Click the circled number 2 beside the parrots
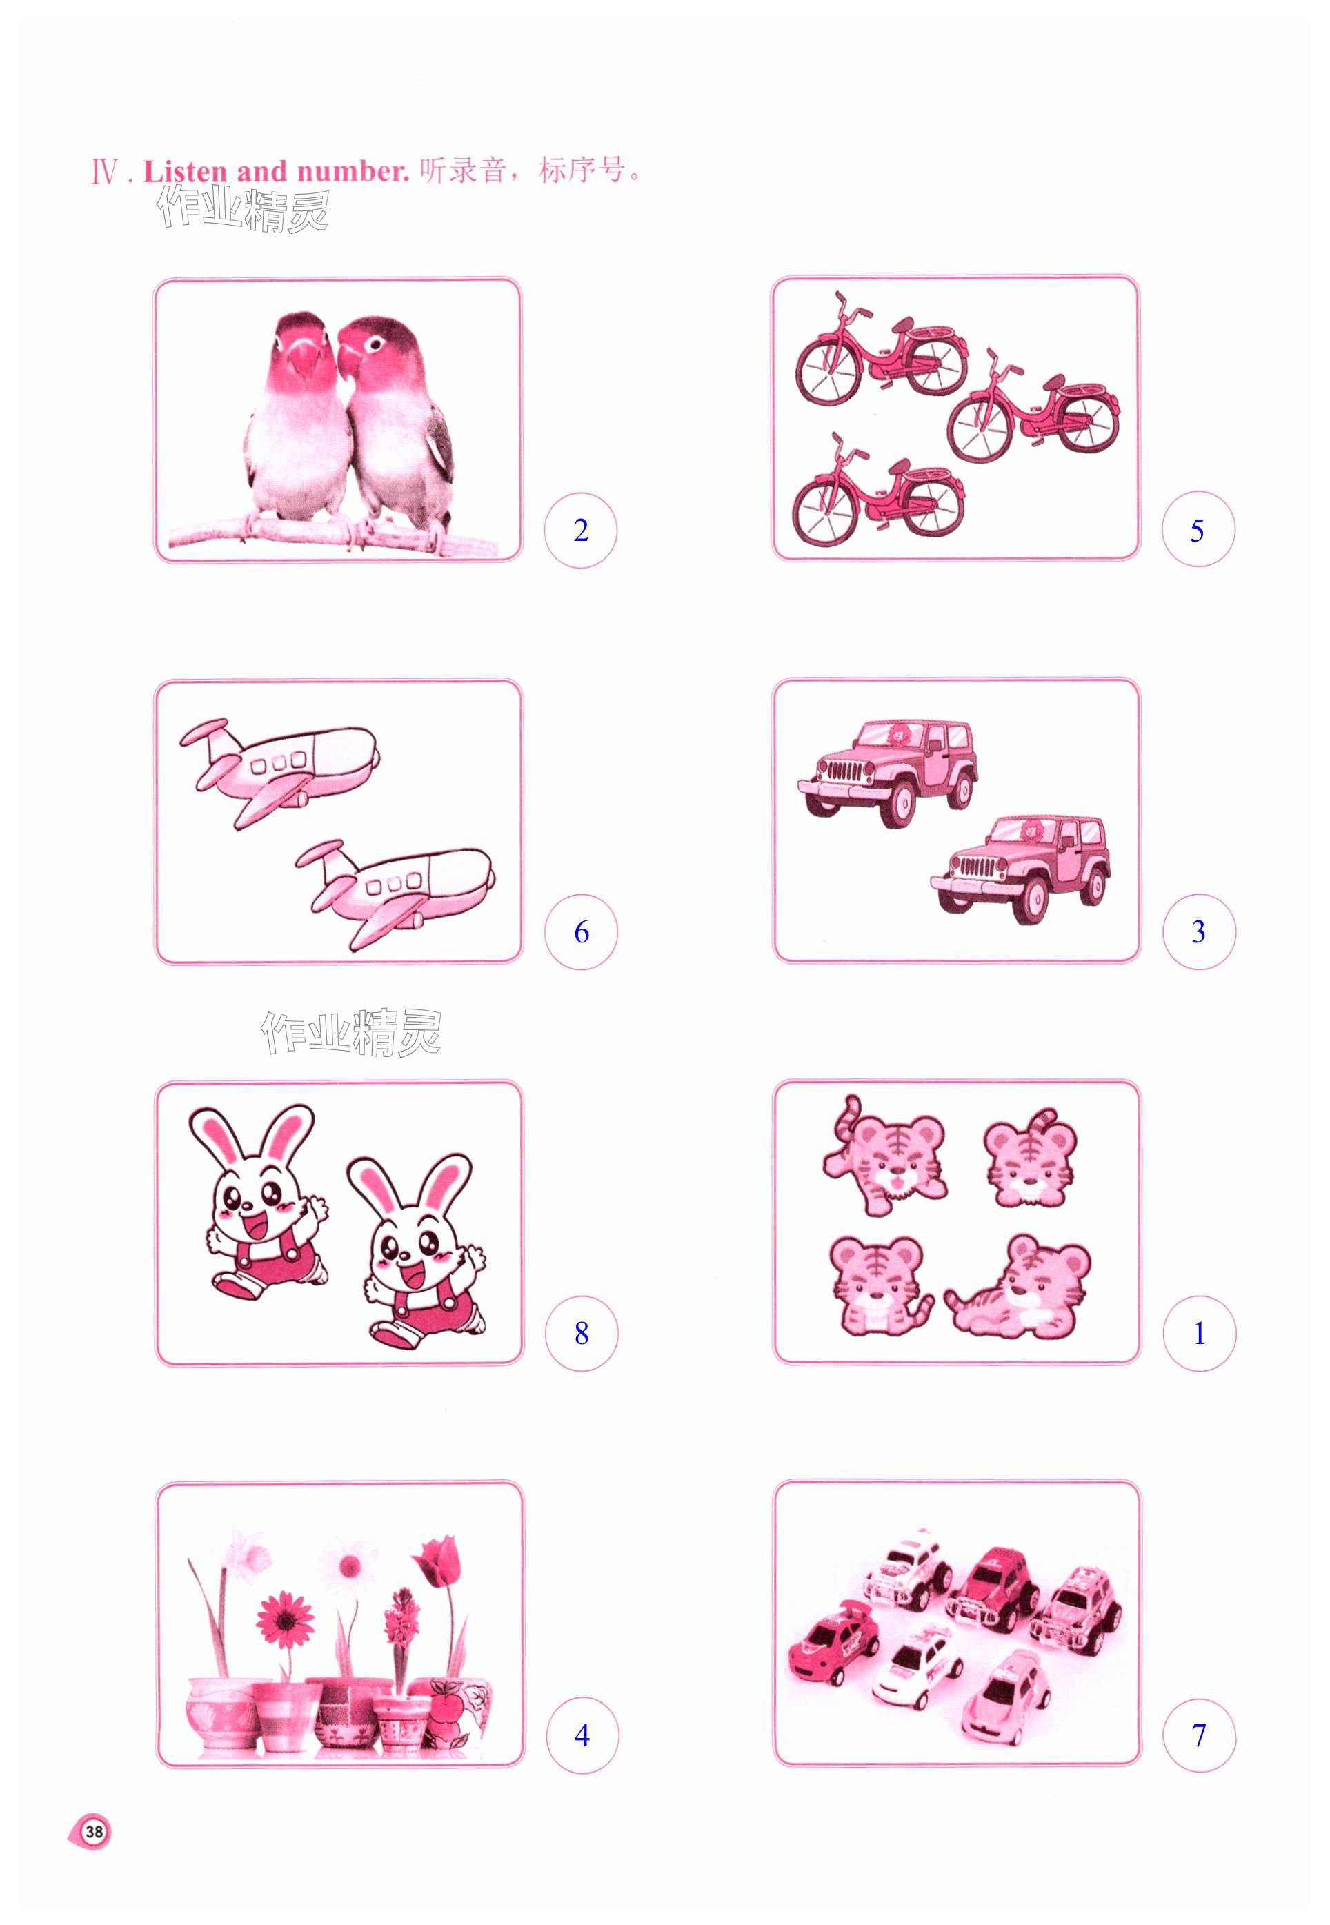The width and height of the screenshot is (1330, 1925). (x=581, y=530)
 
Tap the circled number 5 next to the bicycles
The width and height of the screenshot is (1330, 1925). (x=1198, y=530)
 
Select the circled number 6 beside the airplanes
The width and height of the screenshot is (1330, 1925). (x=581, y=931)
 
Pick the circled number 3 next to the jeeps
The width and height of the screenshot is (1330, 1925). (x=1198, y=931)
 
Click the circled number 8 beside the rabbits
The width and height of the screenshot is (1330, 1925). (x=582, y=1333)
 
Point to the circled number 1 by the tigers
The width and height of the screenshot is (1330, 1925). (x=1199, y=1333)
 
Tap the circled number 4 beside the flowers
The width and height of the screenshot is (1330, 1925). (x=582, y=1735)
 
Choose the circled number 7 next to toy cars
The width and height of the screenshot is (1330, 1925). (x=1199, y=1735)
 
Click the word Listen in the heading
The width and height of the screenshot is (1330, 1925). (x=185, y=172)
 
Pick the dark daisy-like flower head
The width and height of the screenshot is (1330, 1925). (x=285, y=1621)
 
